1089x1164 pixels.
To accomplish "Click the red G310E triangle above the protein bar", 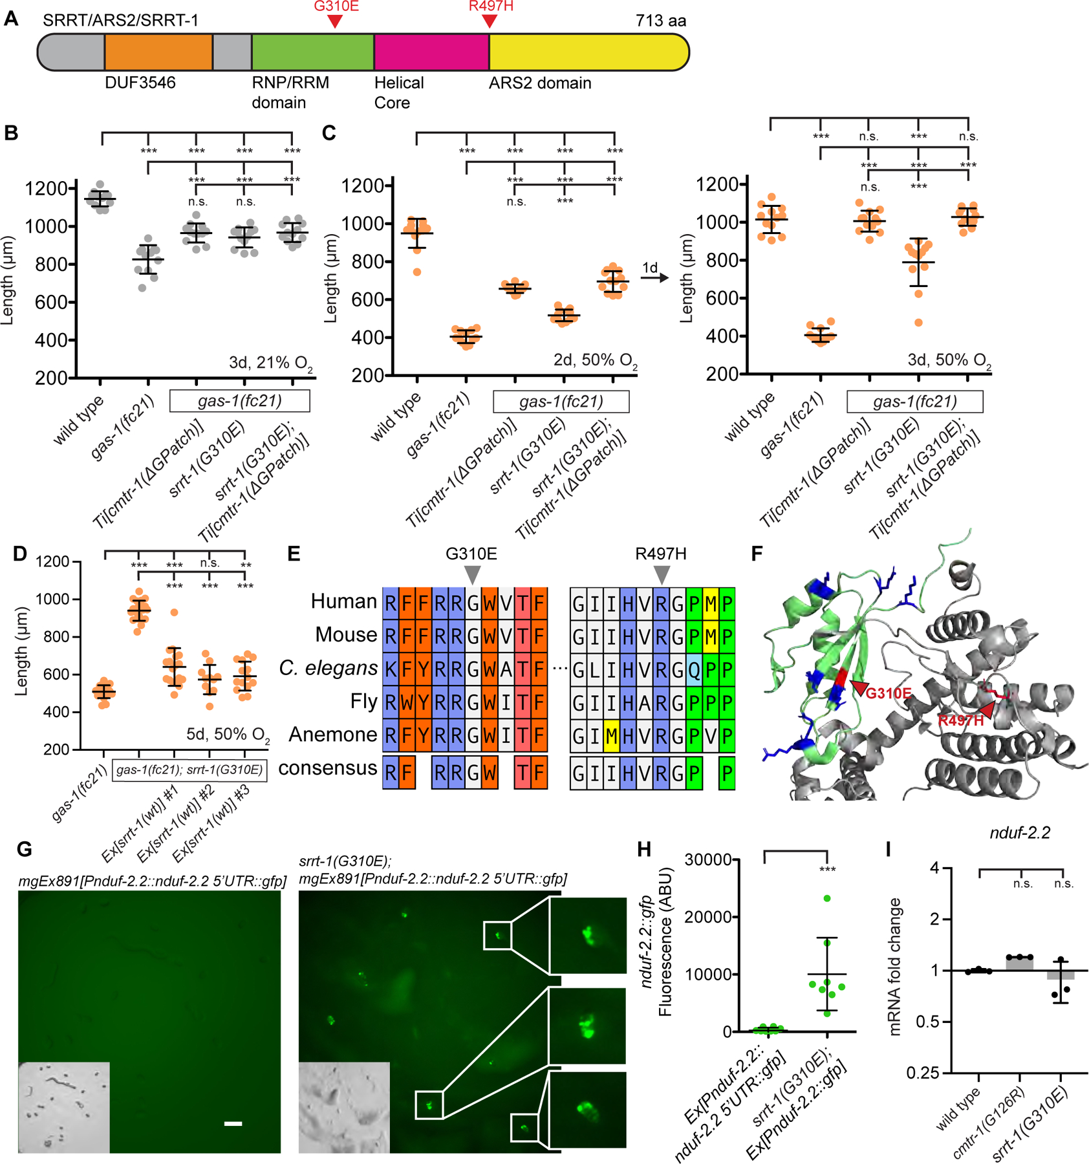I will (x=334, y=21).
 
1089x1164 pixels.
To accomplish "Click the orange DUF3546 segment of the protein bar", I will (x=158, y=52).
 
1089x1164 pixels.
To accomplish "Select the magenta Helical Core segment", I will (x=431, y=52).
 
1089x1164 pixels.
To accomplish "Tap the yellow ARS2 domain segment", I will (x=588, y=52).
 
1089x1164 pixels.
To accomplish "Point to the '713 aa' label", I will (x=660, y=21).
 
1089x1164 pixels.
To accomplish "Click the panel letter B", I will (x=11, y=133).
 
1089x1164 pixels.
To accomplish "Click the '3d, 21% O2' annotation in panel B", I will (x=270, y=363).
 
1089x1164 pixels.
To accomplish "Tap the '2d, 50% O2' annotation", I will (x=595, y=360).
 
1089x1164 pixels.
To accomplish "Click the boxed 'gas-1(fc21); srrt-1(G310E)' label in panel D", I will (x=189, y=770).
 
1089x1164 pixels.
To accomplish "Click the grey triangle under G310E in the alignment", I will (x=473, y=574).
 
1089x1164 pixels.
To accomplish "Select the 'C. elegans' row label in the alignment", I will (x=328, y=668).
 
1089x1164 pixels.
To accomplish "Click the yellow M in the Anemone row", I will (x=611, y=735).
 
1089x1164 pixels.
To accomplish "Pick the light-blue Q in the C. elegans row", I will (x=694, y=669).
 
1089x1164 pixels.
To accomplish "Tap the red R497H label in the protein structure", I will (x=961, y=720).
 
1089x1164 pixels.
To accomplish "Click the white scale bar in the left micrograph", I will (x=233, y=1124).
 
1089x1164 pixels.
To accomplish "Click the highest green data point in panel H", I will (x=826, y=898).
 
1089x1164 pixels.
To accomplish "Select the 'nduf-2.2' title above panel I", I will (x=1020, y=833).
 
